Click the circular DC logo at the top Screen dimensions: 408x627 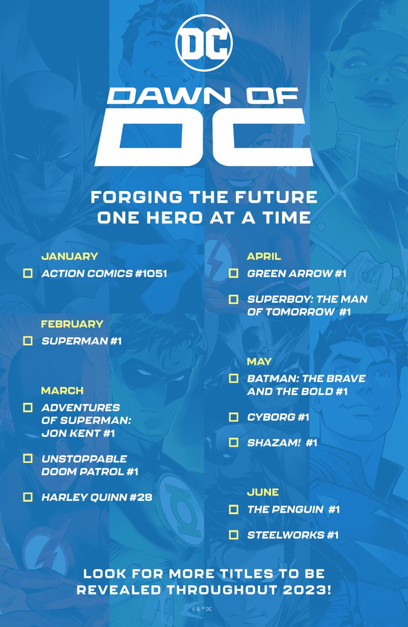click(204, 43)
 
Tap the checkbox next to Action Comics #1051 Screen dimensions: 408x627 click(28, 273)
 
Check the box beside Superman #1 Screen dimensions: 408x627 click(28, 341)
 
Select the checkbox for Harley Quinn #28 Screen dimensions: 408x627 click(28, 497)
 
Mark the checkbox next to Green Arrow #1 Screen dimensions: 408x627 click(233, 273)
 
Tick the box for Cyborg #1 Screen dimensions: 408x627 click(233, 417)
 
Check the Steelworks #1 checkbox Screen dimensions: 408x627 click(233, 535)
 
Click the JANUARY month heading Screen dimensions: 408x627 click(70, 256)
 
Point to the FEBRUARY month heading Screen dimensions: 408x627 click(72, 324)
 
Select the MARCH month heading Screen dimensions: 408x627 click(62, 390)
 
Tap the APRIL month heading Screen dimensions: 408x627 click(264, 256)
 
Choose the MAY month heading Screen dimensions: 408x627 click(259, 361)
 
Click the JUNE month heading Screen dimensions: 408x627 click(263, 492)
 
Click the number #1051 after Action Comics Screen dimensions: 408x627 click(151, 274)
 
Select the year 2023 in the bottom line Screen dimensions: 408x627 click(304, 590)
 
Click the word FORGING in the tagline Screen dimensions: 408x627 click(136, 197)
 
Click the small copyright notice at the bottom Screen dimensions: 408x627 click(202, 609)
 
